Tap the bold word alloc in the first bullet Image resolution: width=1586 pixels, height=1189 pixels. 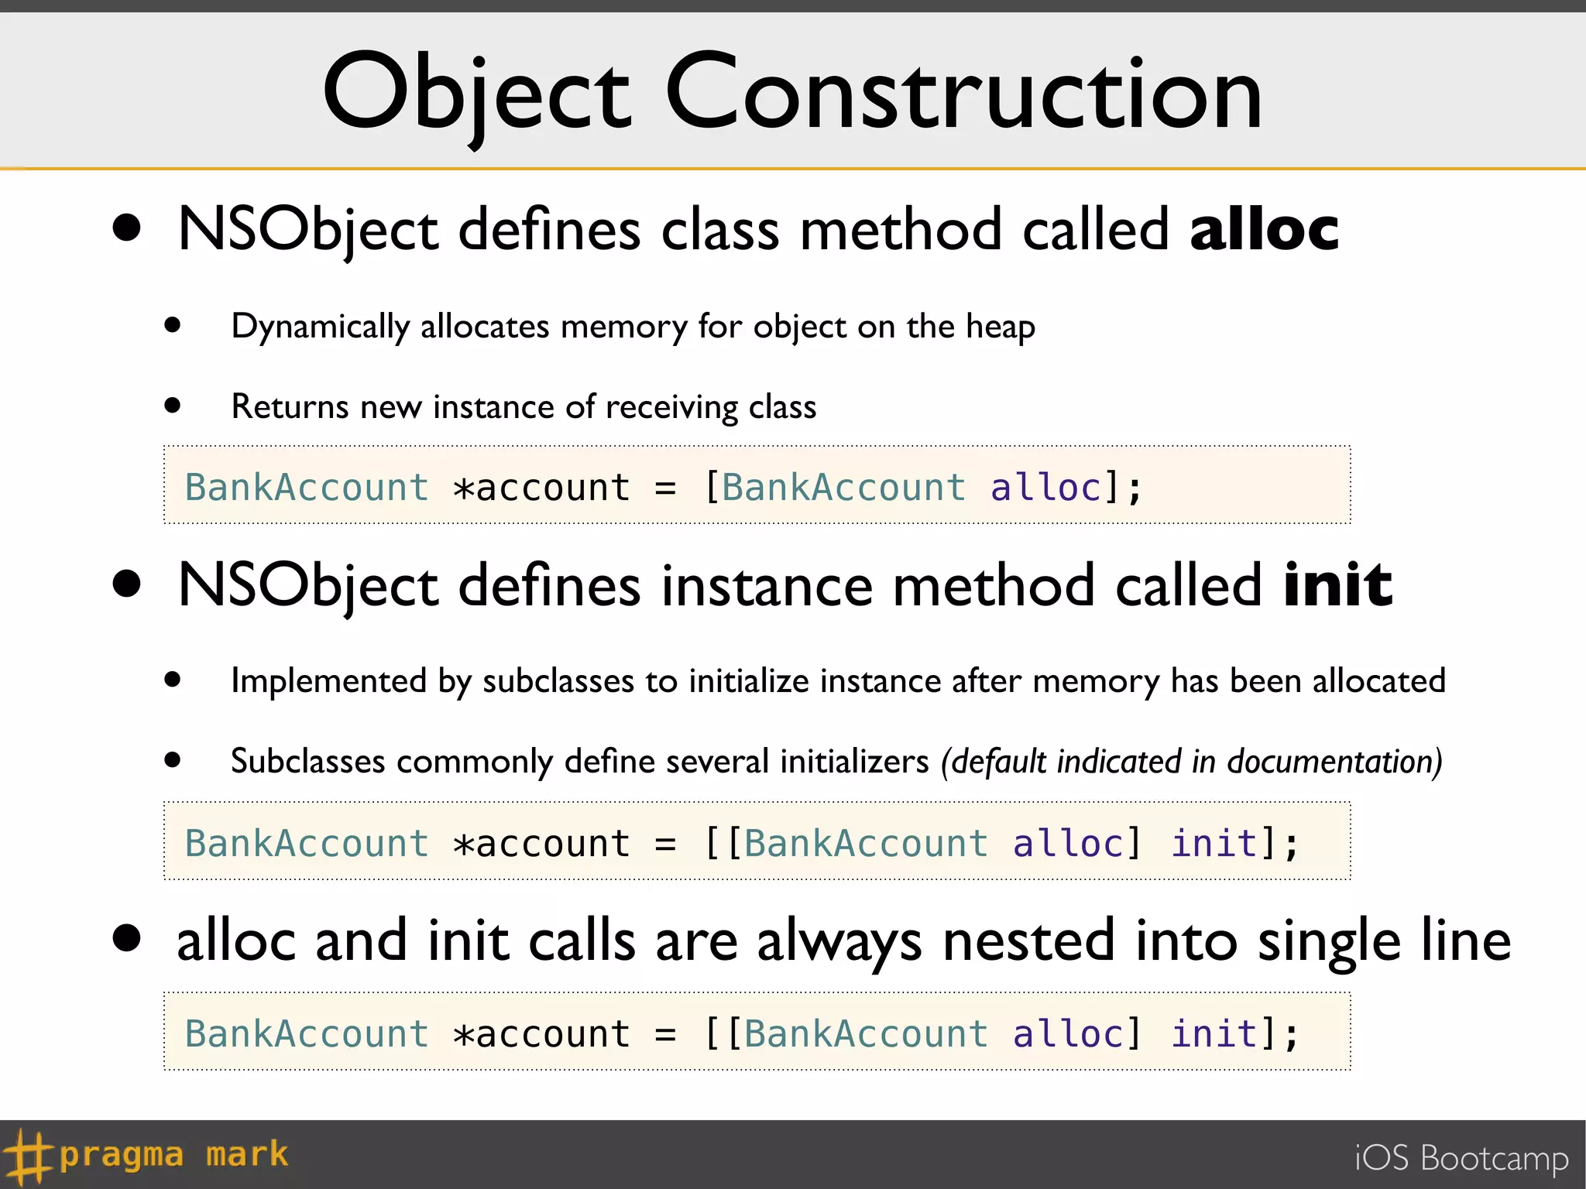coord(1264,229)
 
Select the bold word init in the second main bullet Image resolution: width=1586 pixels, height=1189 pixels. coord(1337,585)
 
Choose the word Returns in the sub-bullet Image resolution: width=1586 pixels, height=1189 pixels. coord(290,407)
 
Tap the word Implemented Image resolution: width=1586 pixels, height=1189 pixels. coord(328,681)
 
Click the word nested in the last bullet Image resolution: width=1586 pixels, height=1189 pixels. coord(1029,941)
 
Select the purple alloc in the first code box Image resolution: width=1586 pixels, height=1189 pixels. coord(1045,488)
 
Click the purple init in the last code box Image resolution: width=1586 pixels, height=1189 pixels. coord(1214,1034)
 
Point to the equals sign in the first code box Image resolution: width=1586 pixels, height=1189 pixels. coord(665,488)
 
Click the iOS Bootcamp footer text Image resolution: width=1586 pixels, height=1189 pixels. coord(1461,1158)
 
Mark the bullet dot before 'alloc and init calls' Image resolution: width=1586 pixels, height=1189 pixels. coord(126,937)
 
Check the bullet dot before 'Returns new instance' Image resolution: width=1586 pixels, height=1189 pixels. coord(173,405)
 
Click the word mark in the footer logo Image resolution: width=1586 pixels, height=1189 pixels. coord(247,1154)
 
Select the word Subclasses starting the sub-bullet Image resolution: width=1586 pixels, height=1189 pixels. coord(307,762)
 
